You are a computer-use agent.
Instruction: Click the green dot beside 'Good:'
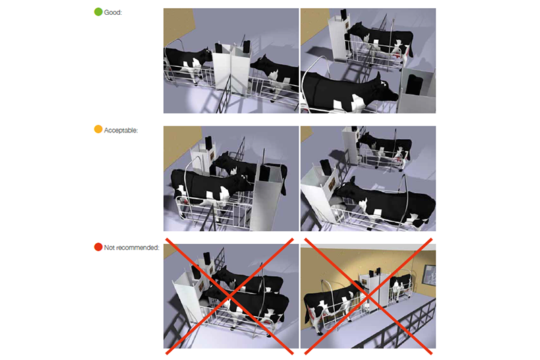[x=99, y=12]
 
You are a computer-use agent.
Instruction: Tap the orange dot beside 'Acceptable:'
[x=99, y=129]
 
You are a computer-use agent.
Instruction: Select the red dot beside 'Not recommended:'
[x=99, y=247]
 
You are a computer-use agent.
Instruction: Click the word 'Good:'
[x=113, y=12]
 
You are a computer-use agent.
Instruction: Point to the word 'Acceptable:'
[x=122, y=130]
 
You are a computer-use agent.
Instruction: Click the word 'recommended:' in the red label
[x=140, y=248]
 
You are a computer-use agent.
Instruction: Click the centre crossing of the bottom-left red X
[x=230, y=295]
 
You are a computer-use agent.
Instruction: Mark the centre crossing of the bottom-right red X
[x=369, y=295]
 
